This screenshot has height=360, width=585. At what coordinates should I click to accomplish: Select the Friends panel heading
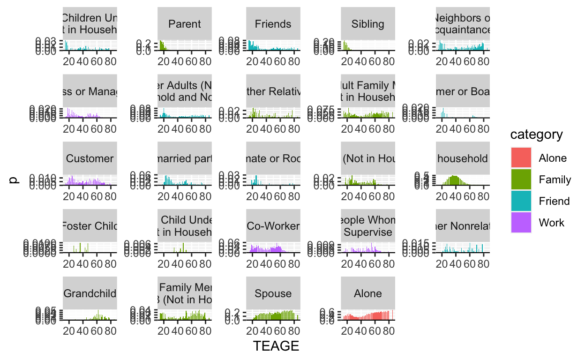pos(273,24)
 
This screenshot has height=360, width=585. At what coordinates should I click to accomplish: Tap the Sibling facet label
pos(368,24)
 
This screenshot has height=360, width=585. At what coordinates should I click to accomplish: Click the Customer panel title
pos(90,158)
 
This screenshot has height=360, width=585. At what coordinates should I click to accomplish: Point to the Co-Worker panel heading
pos(273,226)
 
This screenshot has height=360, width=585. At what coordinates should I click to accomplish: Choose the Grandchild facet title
pos(90,293)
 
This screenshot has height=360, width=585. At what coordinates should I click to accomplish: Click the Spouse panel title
pos(273,293)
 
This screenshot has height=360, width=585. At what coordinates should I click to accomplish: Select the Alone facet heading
pos(368,293)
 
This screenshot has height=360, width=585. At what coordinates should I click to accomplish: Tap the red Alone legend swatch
pos(521,158)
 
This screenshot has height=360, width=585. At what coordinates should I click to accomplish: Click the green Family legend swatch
pos(521,180)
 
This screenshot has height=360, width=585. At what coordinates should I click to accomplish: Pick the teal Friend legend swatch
pos(521,201)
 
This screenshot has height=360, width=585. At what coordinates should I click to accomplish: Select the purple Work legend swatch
pos(521,223)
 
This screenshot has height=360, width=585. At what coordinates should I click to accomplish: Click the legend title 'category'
pos(536,135)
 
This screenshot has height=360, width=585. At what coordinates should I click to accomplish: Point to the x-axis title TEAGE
pos(276,346)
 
